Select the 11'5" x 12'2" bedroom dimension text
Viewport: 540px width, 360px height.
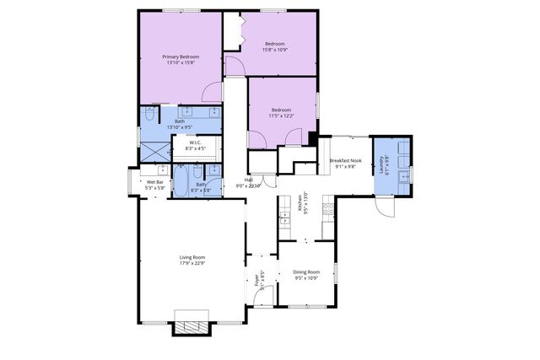point(281,116)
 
